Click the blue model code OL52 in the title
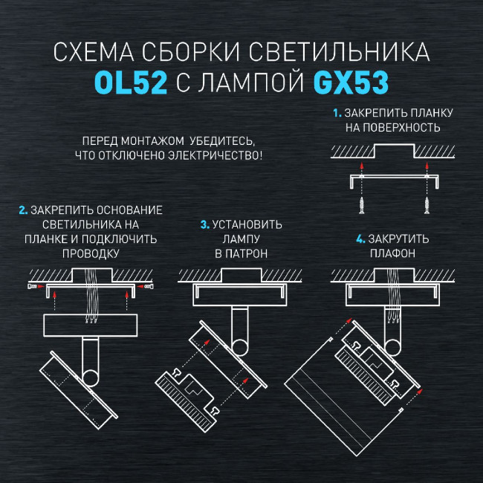pyautogui.click(x=132, y=82)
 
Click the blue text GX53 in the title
pyautogui.click(x=352, y=82)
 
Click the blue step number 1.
pyautogui.click(x=337, y=114)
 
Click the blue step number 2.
pyautogui.click(x=22, y=210)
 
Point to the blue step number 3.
pyautogui.click(x=204, y=224)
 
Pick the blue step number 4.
pyautogui.click(x=360, y=239)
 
